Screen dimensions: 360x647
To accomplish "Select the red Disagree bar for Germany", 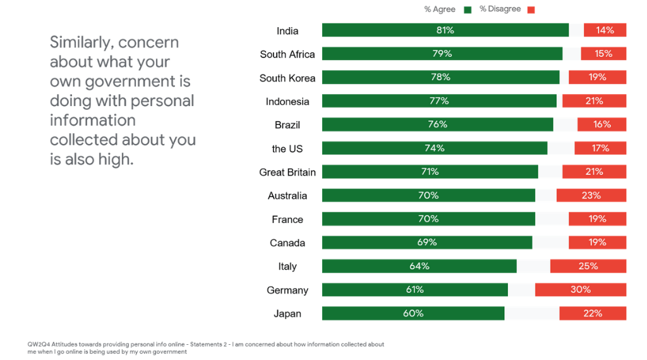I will click(x=580, y=290).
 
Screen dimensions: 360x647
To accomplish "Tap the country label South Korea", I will click(x=287, y=78).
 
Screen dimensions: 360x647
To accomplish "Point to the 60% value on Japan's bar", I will click(x=413, y=313).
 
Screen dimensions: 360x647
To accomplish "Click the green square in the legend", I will click(x=468, y=9).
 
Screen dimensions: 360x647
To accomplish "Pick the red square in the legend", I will click(x=531, y=9).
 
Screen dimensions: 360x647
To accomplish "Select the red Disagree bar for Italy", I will click(x=588, y=267).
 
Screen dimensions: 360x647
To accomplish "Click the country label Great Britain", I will click(x=287, y=172).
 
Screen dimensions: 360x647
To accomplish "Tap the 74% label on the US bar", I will click(x=434, y=148).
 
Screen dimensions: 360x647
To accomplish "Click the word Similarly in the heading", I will click(x=81, y=42).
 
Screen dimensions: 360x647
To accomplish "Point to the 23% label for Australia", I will click(x=591, y=195).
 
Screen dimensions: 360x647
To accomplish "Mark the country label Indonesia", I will click(x=287, y=102).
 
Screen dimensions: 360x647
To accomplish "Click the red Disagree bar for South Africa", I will click(x=603, y=54).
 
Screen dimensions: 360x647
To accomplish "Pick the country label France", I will click(x=287, y=219).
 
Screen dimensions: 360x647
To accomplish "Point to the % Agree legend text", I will click(x=440, y=9).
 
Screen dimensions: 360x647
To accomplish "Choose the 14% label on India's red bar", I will click(x=605, y=30).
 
